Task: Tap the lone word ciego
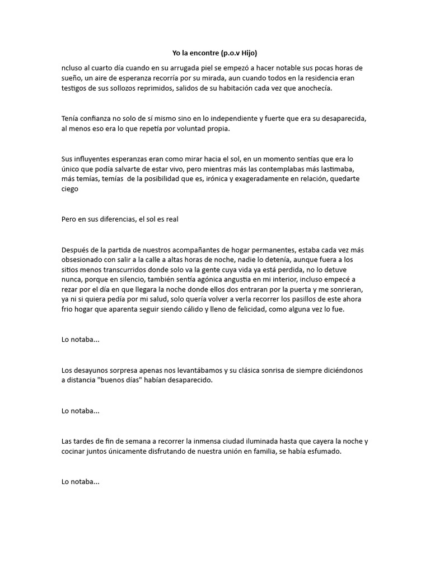coord(70,189)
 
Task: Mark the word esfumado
coord(324,451)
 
